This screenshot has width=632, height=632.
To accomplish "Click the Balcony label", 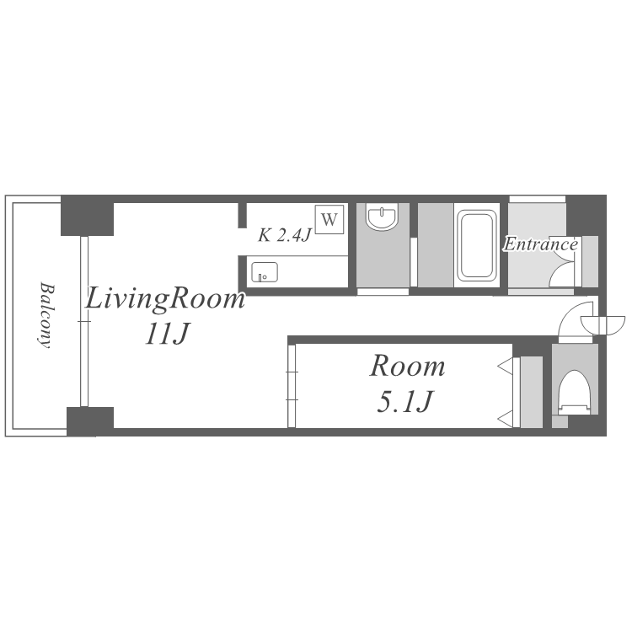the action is (46, 315).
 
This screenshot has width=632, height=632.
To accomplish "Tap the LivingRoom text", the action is (165, 299).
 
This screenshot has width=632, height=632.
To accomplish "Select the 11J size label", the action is (167, 334).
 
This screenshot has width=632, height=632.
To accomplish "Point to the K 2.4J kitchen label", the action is (285, 235).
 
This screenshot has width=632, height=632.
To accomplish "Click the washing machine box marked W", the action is (329, 219).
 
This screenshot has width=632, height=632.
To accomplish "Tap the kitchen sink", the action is (265, 272).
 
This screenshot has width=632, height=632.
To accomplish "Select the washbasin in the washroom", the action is (382, 217).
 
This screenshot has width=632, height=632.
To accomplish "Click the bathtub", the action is (476, 246).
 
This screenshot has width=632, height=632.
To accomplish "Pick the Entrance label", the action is (541, 244).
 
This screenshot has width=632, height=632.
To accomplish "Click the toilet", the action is (574, 392).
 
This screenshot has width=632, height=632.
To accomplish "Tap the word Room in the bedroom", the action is (408, 367).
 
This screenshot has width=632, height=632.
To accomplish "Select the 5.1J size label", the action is (404, 401).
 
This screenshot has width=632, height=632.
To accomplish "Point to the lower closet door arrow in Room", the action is (505, 419).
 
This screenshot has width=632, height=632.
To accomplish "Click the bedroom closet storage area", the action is (531, 392).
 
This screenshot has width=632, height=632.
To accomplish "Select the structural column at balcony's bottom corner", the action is (90, 421).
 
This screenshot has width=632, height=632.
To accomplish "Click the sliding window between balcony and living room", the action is (83, 321).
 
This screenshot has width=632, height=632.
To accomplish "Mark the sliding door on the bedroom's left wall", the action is (292, 386).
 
